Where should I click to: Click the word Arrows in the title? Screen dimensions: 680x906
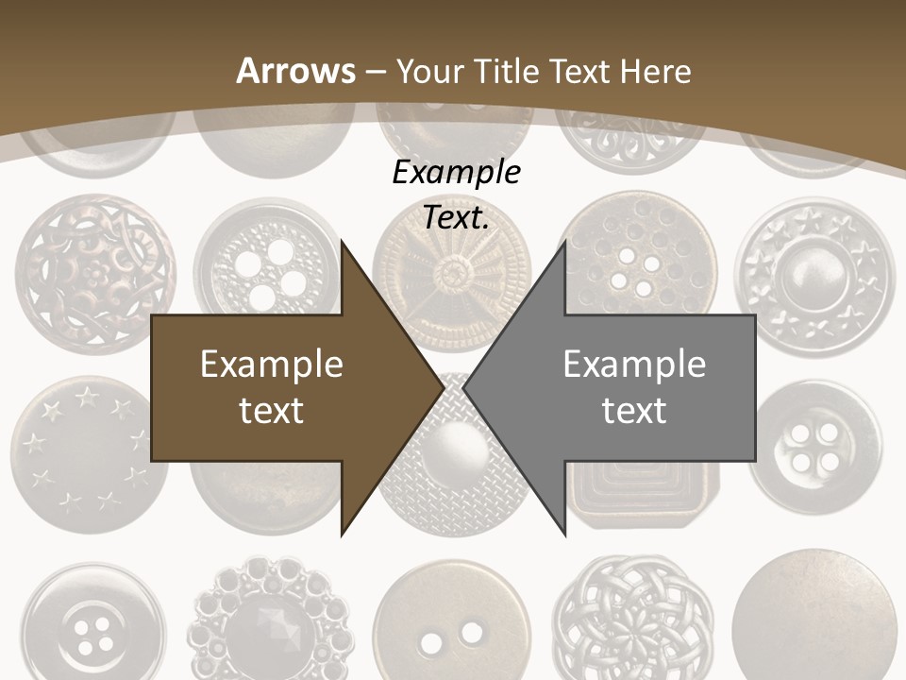coord(296,71)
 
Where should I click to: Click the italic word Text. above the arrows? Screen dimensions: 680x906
coord(456,217)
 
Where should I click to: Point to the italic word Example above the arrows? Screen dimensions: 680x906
coord(456,173)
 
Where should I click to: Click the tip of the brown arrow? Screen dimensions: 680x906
coord(443,387)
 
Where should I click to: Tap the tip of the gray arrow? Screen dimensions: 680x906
coord(464,387)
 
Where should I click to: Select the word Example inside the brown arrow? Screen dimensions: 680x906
coord(272,365)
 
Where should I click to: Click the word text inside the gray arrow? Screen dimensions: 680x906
coord(634,410)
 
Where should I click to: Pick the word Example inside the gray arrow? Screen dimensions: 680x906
coord(634,365)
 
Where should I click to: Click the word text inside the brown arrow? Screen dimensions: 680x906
coord(272,410)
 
